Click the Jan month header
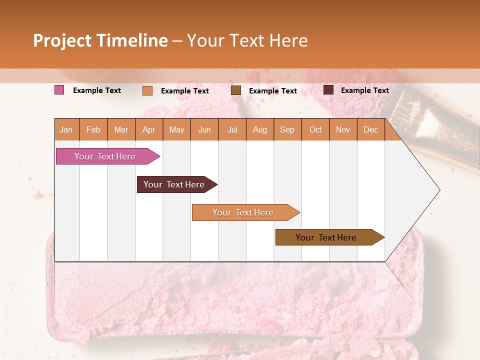point(66,129)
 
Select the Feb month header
point(93,129)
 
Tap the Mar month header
point(121,129)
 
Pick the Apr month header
point(149,129)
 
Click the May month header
point(176,129)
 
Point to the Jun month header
point(204,129)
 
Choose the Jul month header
point(232,129)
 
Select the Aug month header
point(260,129)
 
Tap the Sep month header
point(287,129)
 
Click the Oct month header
point(315,129)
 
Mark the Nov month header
point(343,129)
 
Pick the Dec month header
point(371,129)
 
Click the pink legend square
point(59,90)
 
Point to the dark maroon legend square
point(328,90)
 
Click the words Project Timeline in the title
point(100,40)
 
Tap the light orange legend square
point(147,90)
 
